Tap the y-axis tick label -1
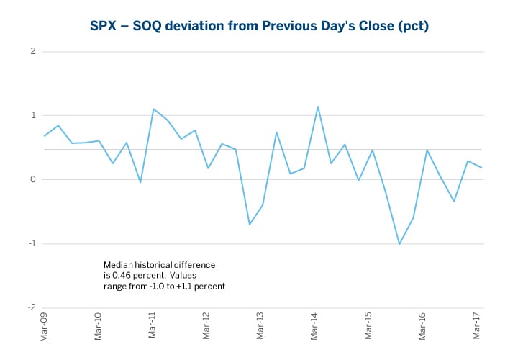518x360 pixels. tap(32, 244)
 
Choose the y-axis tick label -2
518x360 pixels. tap(32, 308)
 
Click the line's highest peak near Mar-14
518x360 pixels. tap(317, 107)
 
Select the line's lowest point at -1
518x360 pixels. tap(399, 244)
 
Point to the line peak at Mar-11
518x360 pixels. tap(154, 109)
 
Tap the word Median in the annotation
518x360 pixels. tap(118, 265)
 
